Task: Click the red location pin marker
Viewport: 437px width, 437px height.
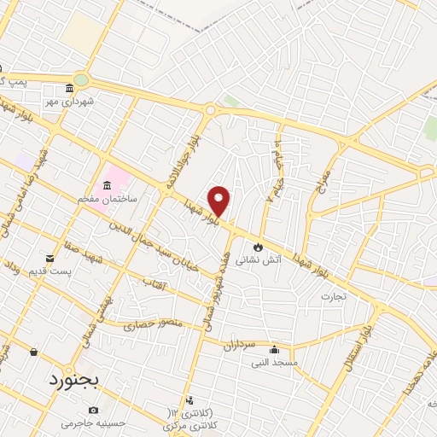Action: click(219, 201)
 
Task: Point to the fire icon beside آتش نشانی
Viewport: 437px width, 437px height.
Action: click(254, 246)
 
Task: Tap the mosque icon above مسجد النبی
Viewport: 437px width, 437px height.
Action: click(274, 349)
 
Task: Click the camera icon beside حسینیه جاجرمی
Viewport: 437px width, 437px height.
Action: click(93, 411)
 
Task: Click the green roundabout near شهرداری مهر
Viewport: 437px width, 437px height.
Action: click(81, 80)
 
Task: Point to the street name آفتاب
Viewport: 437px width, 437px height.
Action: click(152, 283)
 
